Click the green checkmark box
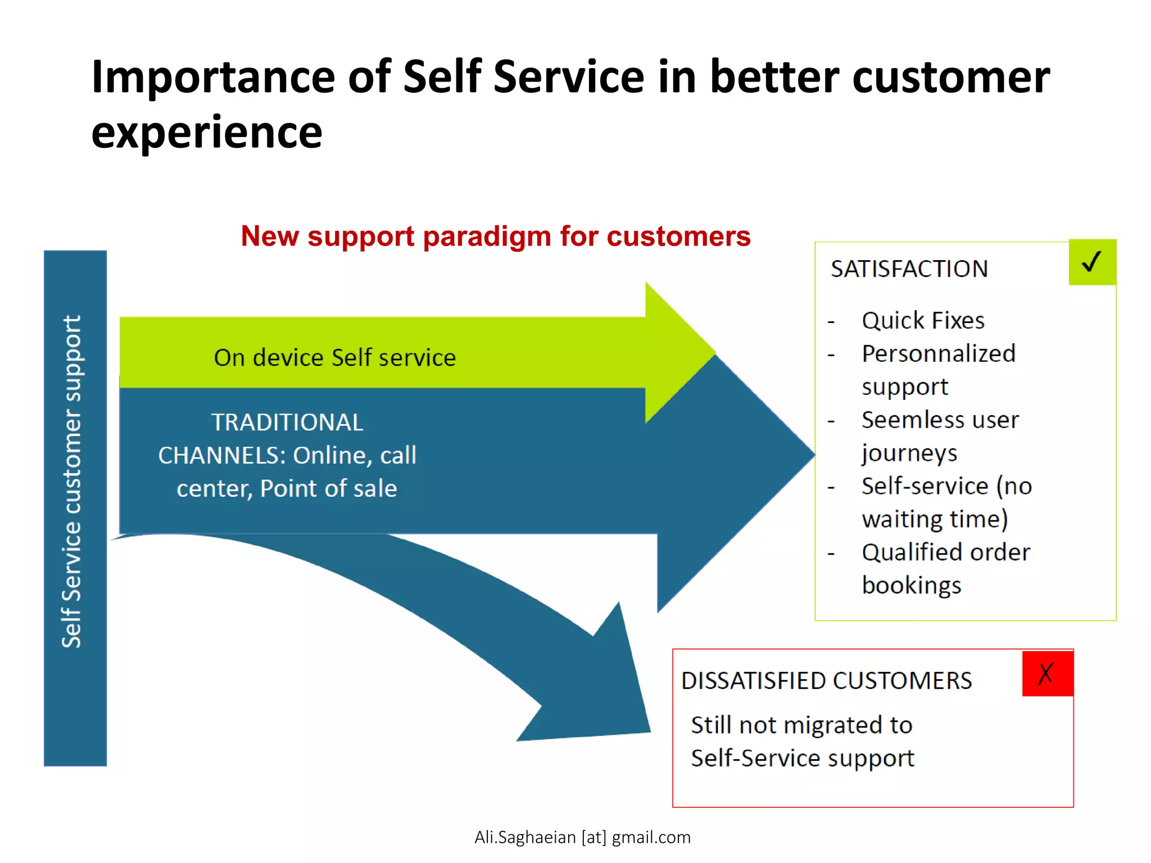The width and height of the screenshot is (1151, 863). coord(1092,262)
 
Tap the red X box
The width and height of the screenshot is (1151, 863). coord(1047,673)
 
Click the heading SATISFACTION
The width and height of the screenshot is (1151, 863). coord(909,269)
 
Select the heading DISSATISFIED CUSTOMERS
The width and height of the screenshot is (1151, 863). coord(826,681)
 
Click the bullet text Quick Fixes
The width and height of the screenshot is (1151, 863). coord(923,321)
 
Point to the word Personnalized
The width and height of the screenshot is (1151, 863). coord(939,354)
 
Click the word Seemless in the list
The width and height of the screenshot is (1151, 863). coord(905,420)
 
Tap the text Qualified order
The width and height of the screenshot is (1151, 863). coord(946,552)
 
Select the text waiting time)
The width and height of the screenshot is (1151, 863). coord(935,519)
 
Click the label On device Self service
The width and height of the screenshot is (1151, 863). coord(335,358)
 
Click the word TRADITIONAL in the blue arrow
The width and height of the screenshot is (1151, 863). coord(287,423)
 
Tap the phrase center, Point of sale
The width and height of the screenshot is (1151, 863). coord(287,488)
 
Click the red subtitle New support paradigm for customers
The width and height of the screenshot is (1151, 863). coord(496,236)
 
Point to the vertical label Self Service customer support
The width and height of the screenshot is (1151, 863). coord(72,481)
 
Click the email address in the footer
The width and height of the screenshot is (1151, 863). coord(582,837)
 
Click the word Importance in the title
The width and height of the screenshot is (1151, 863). coord(213,77)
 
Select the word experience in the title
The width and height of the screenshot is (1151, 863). coord(207,133)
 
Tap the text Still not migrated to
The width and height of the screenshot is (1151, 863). coord(801,725)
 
